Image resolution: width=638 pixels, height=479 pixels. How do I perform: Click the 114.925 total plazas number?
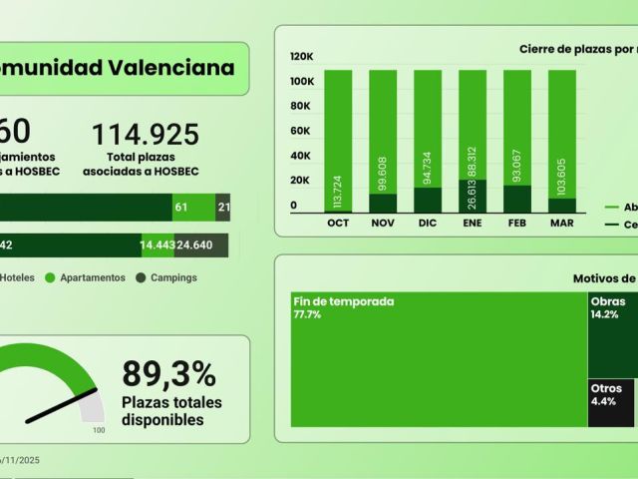146,135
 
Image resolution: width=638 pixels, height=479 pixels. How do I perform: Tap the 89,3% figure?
168,374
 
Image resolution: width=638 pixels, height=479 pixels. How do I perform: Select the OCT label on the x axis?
338,223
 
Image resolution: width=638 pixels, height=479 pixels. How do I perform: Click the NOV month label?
383,223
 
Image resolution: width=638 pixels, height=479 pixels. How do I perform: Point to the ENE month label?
472,223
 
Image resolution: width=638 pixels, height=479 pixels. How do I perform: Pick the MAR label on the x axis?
561,223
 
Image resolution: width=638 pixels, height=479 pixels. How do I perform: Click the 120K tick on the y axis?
302,57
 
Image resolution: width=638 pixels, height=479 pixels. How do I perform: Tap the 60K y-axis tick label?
302,131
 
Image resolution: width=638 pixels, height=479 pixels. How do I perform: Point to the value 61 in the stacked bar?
180,207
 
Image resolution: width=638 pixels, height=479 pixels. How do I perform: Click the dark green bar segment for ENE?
473,195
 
